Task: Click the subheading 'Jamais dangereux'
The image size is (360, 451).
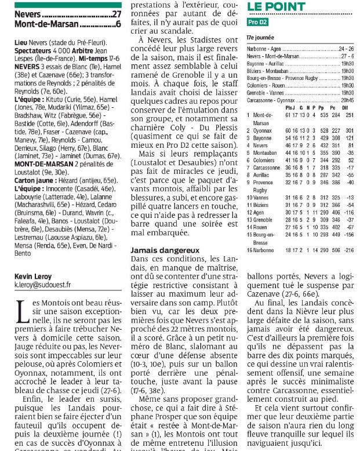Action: [163, 250]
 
